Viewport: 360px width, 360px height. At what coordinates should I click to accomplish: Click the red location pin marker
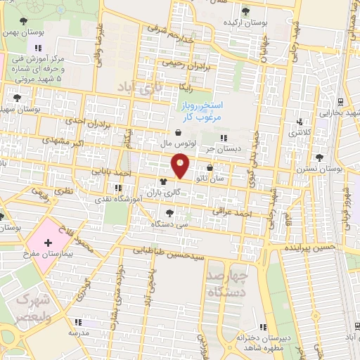click(x=181, y=167)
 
